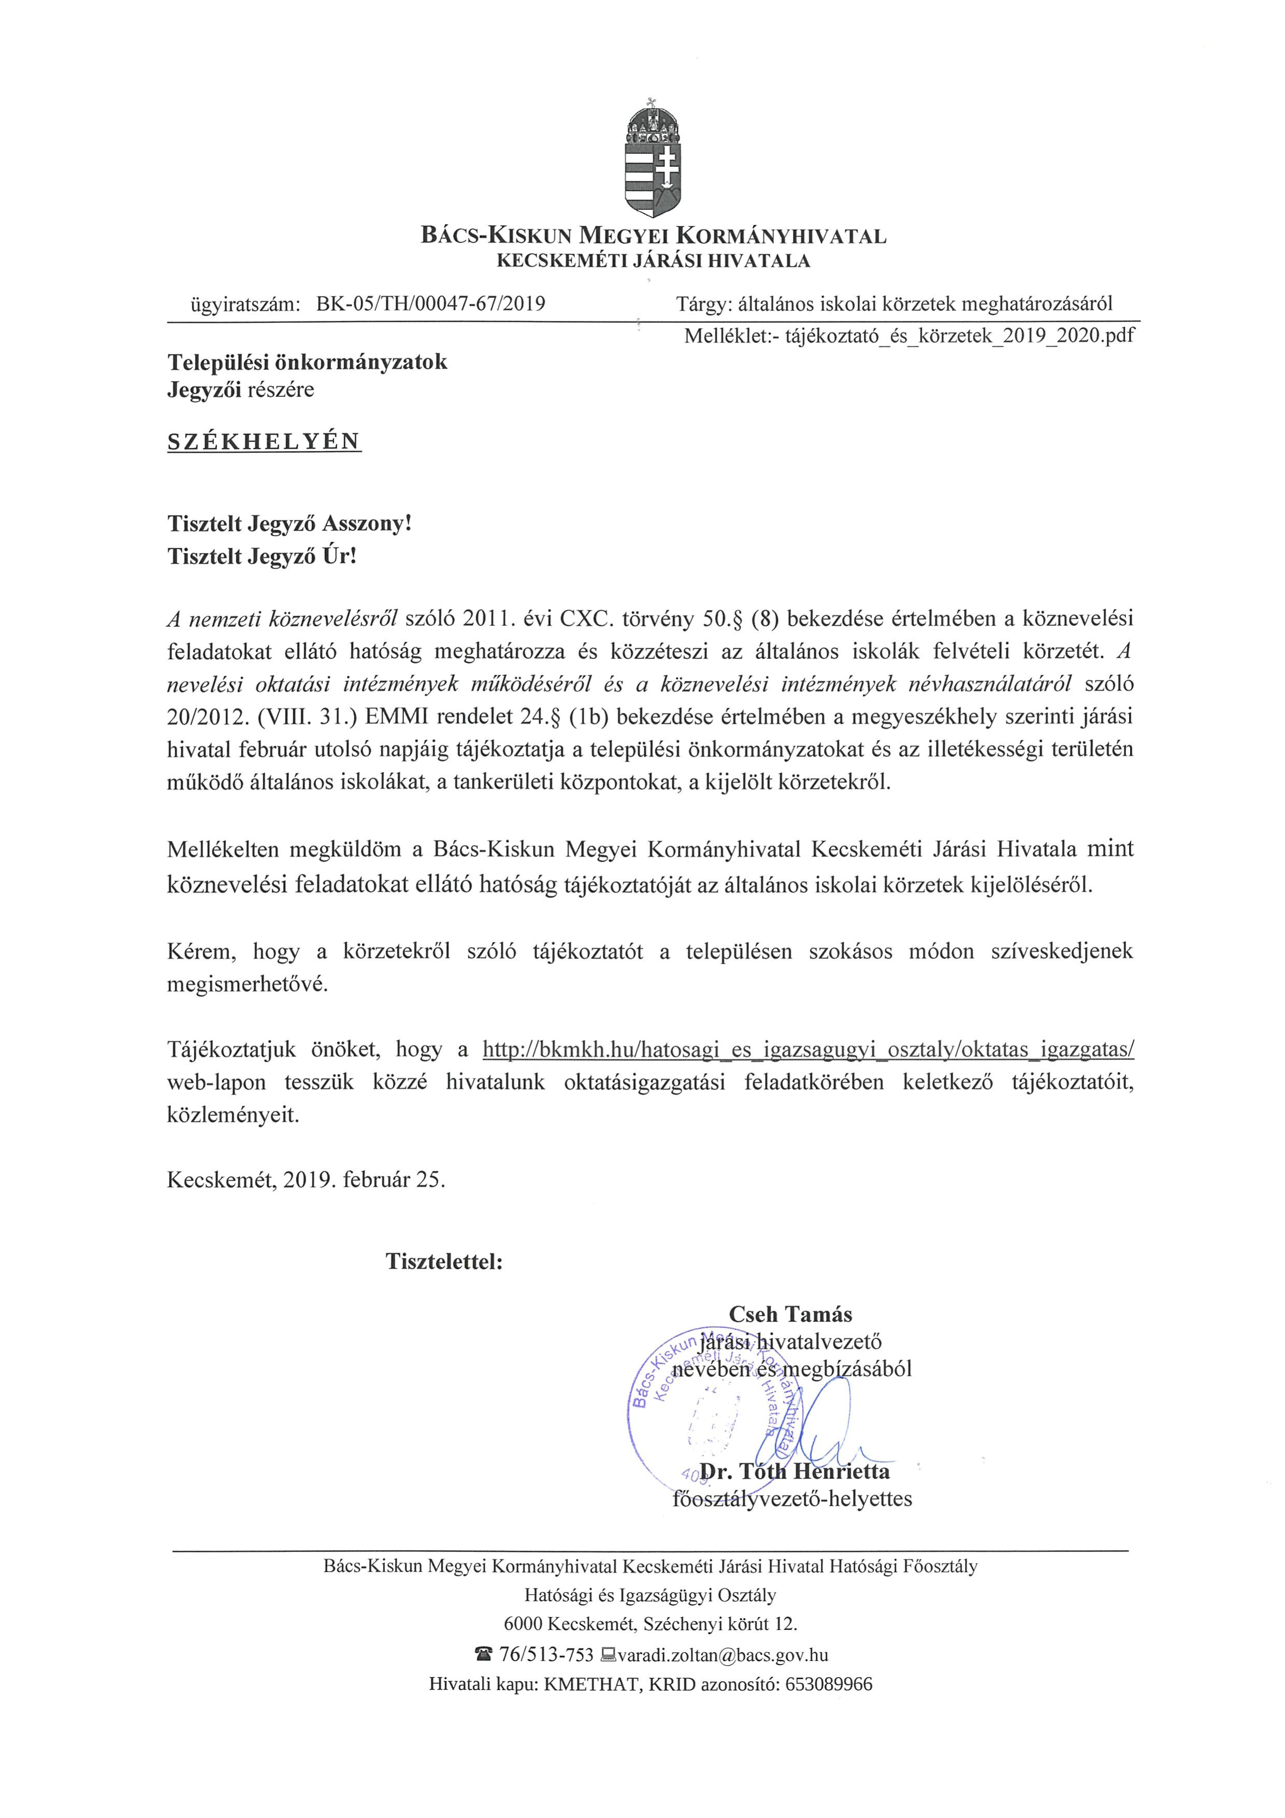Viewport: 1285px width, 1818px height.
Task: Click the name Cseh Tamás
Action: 790,1314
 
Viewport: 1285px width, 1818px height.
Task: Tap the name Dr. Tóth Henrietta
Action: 795,1471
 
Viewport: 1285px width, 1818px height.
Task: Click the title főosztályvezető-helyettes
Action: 792,1499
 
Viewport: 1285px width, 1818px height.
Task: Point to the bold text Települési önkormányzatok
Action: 307,362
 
